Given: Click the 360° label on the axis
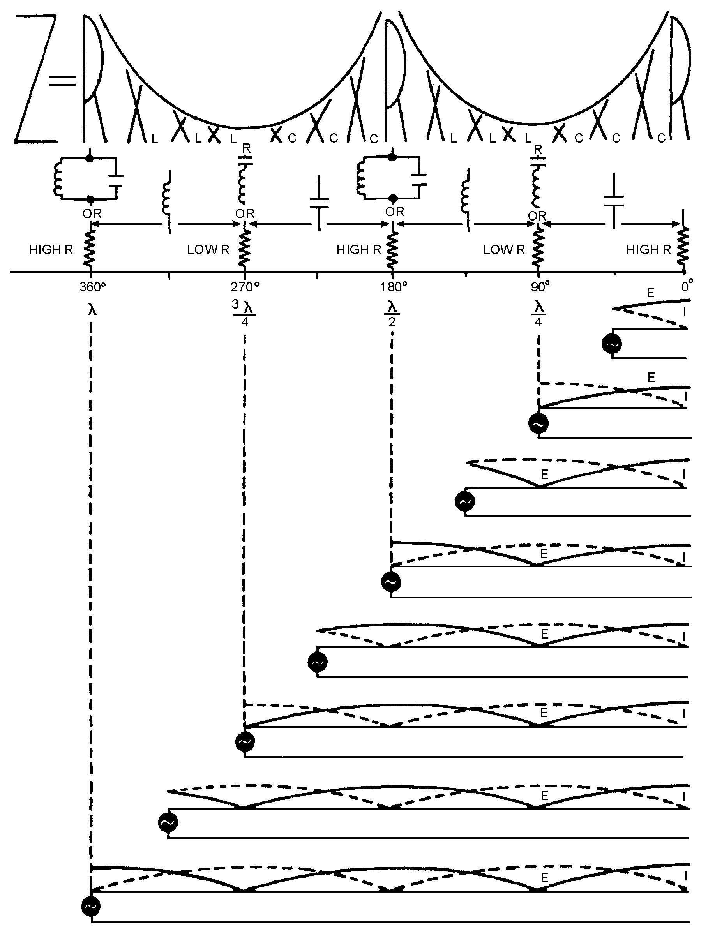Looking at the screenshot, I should (x=92, y=287).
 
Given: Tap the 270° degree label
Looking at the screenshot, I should (x=245, y=287).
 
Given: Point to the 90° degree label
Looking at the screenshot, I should (x=540, y=287).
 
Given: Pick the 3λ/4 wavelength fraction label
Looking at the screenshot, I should (x=244, y=313).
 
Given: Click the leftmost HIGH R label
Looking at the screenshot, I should (x=51, y=250).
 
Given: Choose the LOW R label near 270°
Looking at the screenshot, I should (x=208, y=250).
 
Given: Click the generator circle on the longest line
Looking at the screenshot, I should (x=91, y=906).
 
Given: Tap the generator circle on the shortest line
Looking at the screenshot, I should (x=611, y=344).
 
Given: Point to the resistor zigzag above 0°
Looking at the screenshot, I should (x=683, y=249).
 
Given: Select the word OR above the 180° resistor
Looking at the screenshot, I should (x=394, y=212).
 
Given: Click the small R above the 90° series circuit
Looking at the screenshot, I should (x=538, y=150).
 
